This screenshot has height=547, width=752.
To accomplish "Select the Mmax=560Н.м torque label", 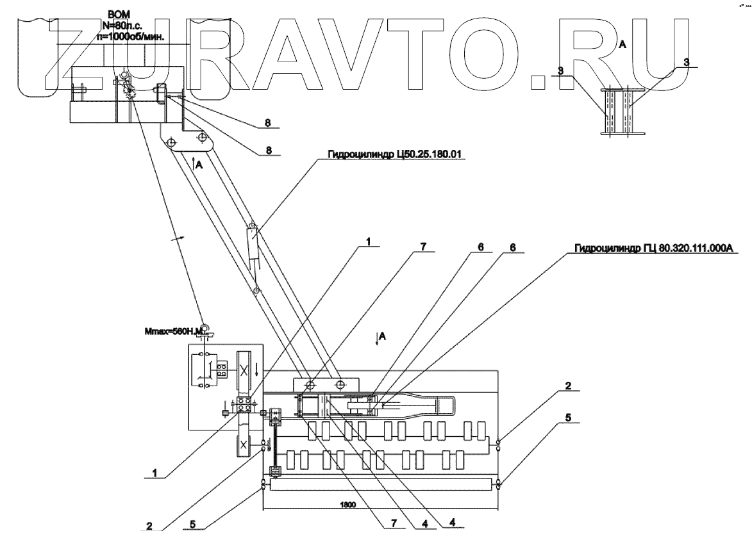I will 172,332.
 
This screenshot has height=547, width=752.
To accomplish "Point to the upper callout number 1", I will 369,242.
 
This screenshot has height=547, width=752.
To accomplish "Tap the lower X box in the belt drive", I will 244,444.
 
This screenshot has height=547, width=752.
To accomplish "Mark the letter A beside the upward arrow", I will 200,164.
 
